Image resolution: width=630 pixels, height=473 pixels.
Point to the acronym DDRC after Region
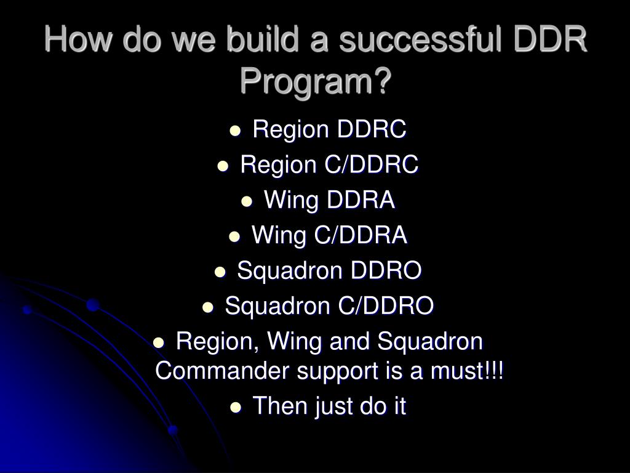click(371, 129)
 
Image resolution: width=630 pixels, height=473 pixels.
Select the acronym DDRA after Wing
click(361, 200)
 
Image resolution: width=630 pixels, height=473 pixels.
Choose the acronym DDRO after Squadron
click(386, 270)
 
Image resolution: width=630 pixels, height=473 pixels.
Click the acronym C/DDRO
click(386, 305)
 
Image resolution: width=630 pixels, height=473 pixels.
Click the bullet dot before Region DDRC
click(235, 131)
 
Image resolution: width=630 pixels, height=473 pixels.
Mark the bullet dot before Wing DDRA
click(247, 201)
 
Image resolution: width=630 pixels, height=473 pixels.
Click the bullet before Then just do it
click(236, 408)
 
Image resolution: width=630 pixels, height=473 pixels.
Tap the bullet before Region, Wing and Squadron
click(159, 343)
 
